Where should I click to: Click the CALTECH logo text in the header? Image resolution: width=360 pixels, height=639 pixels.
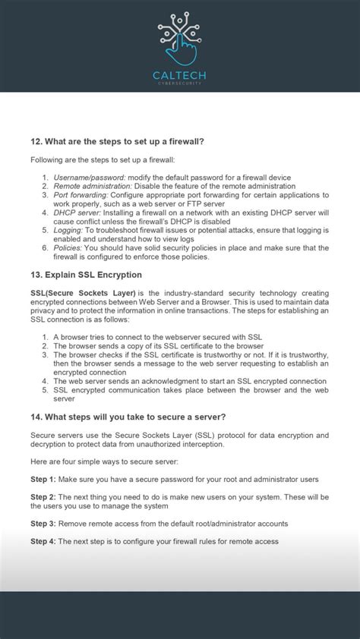pos(179,76)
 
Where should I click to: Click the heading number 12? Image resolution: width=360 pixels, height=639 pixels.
pos(36,141)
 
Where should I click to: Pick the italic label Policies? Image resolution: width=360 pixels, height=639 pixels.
pos(68,248)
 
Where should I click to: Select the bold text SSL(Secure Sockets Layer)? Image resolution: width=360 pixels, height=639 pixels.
pos(83,293)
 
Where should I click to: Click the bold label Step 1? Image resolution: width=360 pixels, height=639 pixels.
pos(43,479)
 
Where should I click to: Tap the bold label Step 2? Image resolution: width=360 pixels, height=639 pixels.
pos(43,496)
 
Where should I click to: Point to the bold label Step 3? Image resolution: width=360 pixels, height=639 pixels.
pos(43,524)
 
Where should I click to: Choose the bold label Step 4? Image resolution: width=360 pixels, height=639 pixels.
pos(43,541)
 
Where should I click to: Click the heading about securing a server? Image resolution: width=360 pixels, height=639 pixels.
pos(128,417)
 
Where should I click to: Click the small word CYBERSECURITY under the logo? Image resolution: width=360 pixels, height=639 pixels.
pos(179,84)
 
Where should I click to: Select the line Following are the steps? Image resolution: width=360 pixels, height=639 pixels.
pos(103,159)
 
